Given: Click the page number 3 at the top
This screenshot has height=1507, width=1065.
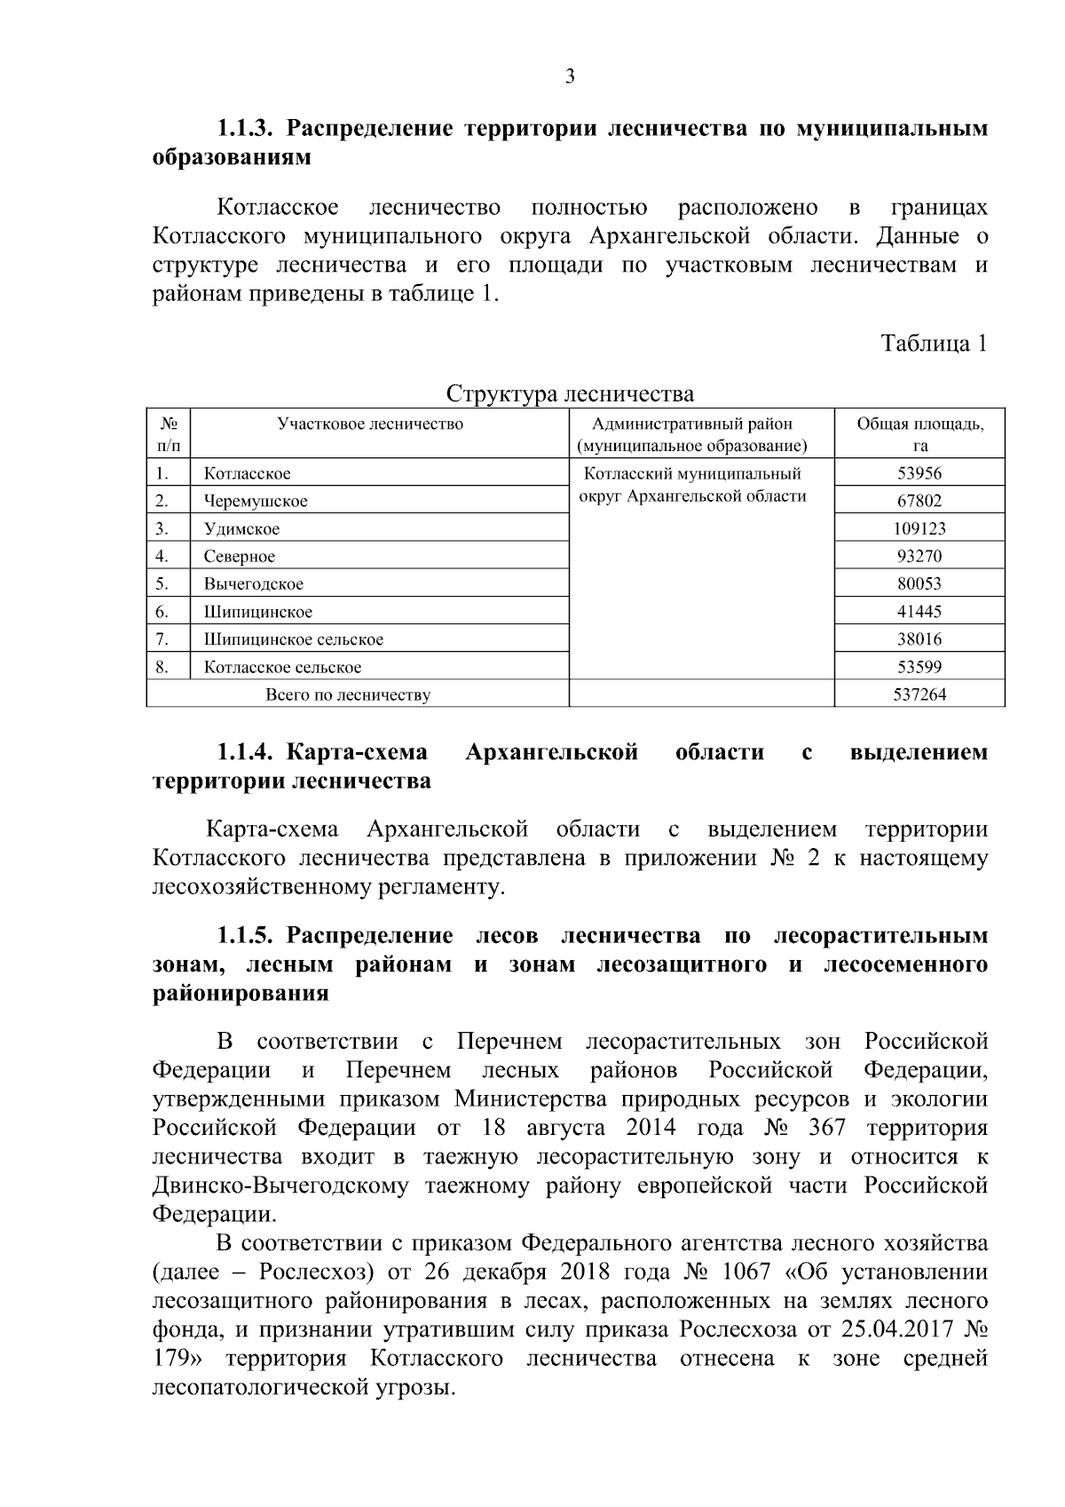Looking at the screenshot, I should click(570, 76).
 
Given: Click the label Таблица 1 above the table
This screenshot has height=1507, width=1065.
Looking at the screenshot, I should click(934, 344).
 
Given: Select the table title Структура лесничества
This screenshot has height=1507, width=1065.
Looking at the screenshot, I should click(570, 393).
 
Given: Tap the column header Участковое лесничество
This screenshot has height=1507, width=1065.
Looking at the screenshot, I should click(370, 424).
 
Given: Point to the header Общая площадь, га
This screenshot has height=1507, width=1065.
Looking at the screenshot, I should click(919, 434).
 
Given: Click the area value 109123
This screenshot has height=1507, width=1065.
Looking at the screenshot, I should click(919, 529).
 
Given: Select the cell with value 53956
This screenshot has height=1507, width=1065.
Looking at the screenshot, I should click(919, 474).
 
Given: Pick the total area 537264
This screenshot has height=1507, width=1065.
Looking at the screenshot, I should click(919, 695).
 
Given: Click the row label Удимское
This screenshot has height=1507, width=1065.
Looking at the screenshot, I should click(241, 529).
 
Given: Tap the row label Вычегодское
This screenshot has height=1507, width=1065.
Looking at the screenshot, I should click(254, 584).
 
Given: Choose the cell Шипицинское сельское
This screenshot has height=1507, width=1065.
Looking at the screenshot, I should click(294, 639).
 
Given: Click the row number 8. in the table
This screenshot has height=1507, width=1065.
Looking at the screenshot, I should click(162, 667).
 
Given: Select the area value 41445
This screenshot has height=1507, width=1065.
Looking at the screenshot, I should click(919, 612).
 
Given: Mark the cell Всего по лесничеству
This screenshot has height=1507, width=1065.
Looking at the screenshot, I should click(348, 695).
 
